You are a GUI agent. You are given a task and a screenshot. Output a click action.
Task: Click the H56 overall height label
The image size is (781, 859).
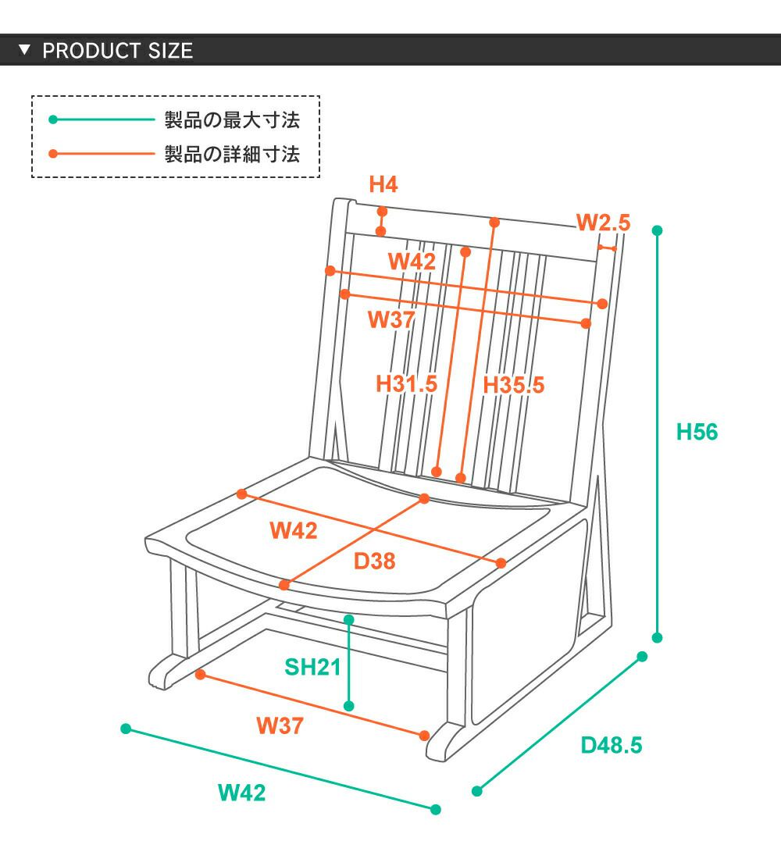click(697, 432)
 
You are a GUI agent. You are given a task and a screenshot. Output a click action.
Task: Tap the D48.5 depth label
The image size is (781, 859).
click(611, 745)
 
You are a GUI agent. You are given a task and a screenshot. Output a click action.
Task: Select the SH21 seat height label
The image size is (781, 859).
click(312, 667)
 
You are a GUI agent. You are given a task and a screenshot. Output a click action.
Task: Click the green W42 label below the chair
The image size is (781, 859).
click(241, 793)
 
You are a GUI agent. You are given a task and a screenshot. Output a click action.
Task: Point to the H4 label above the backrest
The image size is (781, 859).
click(383, 185)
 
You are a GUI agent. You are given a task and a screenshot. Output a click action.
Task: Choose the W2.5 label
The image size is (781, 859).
click(603, 223)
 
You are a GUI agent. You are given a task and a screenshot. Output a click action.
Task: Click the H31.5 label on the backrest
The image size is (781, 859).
click(406, 384)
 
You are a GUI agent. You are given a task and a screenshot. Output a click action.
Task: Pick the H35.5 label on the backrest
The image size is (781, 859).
click(513, 385)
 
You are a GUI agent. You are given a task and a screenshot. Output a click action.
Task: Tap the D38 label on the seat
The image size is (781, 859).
click(374, 561)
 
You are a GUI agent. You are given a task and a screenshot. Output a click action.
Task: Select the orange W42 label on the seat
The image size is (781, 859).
click(294, 531)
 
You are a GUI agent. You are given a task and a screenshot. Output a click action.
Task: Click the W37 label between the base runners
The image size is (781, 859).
click(280, 726)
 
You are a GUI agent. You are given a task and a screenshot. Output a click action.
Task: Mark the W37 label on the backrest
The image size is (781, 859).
click(390, 319)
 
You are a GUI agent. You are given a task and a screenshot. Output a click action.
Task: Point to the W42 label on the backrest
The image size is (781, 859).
click(412, 262)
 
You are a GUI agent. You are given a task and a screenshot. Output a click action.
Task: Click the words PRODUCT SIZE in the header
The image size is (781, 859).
click(117, 52)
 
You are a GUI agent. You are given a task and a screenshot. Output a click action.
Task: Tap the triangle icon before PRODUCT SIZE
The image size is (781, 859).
click(25, 51)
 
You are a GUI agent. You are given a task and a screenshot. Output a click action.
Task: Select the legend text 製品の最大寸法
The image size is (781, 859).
click(232, 120)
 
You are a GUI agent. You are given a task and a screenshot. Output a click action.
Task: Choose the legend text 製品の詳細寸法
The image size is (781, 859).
click(232, 154)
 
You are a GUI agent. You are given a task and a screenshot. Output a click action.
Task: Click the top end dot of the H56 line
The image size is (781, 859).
click(657, 230)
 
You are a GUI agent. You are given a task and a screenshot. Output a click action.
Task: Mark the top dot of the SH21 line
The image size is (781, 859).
click(349, 619)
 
